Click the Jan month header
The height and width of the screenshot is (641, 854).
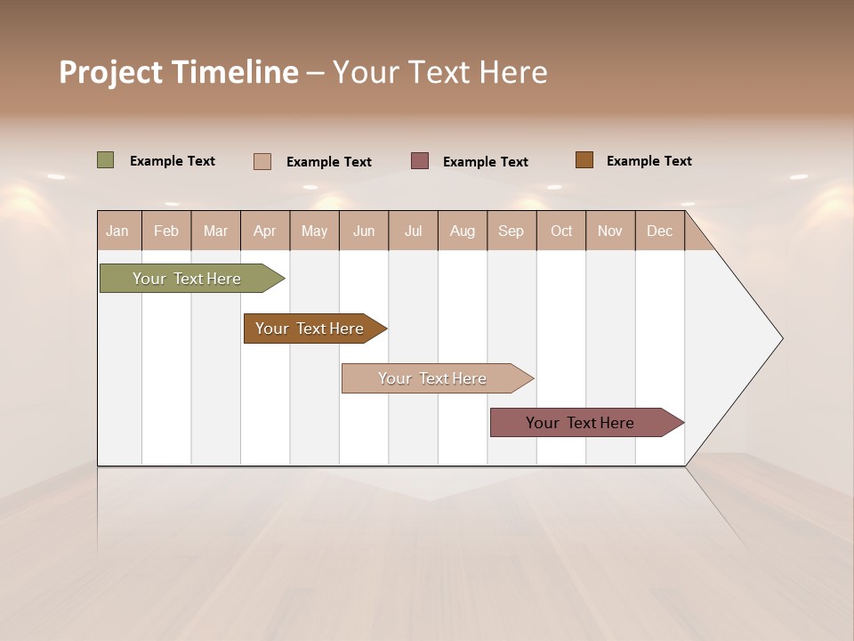[x=117, y=231]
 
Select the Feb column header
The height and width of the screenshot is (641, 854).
[x=166, y=231]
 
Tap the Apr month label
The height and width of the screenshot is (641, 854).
[x=264, y=231]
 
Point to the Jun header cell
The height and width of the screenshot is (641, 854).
[x=364, y=231]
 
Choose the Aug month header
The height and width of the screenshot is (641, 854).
[x=462, y=231]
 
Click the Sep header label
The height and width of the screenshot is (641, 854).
[x=511, y=231]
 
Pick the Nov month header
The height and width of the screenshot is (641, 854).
[x=609, y=231]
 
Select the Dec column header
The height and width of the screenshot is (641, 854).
[x=659, y=231]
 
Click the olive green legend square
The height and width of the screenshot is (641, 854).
[x=105, y=160]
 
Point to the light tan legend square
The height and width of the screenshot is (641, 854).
[x=262, y=161]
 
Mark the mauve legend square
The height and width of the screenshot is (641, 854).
[x=420, y=160]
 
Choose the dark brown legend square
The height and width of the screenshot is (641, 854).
[x=584, y=160]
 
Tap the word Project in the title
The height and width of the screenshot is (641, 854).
[x=110, y=72]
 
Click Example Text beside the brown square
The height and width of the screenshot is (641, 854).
[x=649, y=161]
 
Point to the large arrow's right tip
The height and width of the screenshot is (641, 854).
[x=781, y=338]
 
